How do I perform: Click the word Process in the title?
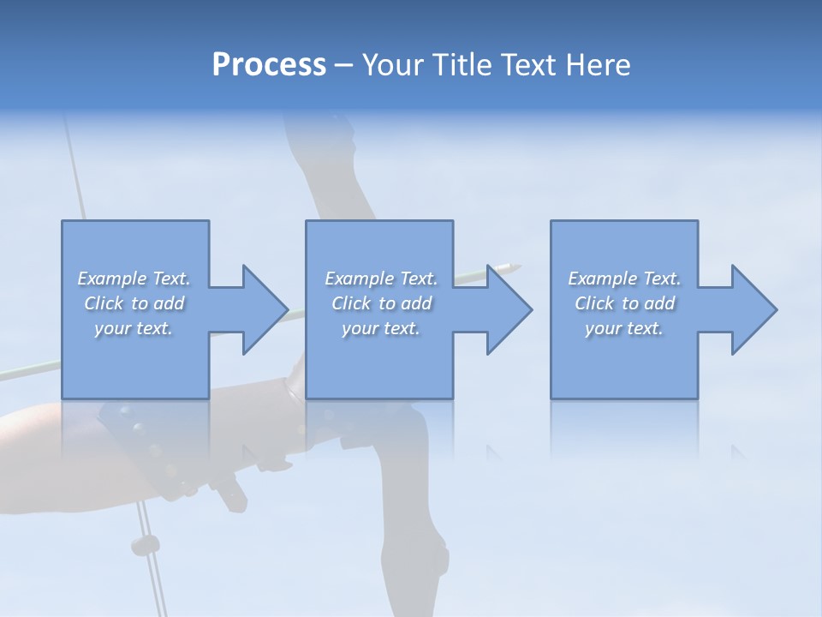pos(269,65)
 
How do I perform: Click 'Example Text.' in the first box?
pos(134,279)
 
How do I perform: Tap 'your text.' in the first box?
pos(134,328)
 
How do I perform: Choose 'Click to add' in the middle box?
pos(381,303)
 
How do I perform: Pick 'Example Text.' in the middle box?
pos(381,279)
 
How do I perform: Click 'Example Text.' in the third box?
pos(624,279)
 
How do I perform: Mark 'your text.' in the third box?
pos(624,328)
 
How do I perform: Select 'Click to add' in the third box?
pos(624,303)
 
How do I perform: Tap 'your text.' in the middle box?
pos(381,328)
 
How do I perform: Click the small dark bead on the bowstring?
pos(146,544)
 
